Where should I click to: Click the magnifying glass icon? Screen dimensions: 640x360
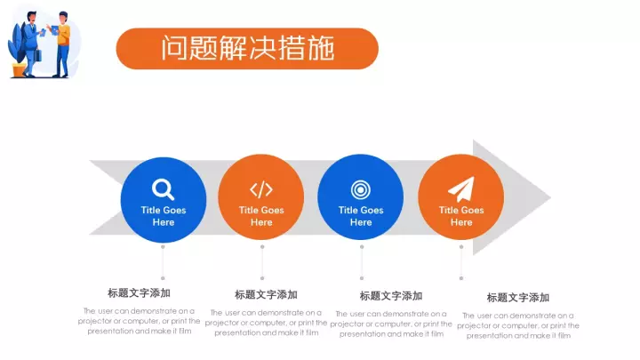[x=163, y=189]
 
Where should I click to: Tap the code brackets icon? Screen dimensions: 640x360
[x=261, y=189]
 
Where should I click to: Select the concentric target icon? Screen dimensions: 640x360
[x=360, y=190]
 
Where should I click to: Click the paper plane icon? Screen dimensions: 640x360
[x=461, y=189]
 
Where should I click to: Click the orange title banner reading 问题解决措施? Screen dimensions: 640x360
[x=247, y=49]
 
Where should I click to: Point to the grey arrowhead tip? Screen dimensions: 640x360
[x=550, y=197]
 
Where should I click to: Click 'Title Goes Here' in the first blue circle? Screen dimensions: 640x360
[x=164, y=216]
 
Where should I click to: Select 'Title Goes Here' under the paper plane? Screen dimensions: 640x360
[x=461, y=216]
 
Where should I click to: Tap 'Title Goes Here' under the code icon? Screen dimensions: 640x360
[x=261, y=216]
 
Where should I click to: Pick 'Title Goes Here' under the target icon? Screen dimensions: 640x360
[x=361, y=216]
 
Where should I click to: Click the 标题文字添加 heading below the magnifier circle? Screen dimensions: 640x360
[x=139, y=293]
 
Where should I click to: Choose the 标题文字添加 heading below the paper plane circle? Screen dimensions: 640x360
[x=518, y=298]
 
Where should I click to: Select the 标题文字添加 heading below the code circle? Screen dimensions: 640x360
[x=266, y=295]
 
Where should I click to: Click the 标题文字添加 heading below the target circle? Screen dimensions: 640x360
[x=390, y=296]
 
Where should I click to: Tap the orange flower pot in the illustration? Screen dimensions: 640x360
[x=19, y=70]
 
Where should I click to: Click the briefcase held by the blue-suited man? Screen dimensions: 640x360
[x=37, y=55]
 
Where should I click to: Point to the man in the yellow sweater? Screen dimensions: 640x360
[x=62, y=44]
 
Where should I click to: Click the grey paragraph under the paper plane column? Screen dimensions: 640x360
[x=518, y=325]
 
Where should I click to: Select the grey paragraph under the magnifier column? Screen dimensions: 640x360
[x=139, y=321]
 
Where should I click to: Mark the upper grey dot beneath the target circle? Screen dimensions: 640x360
[x=362, y=247]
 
